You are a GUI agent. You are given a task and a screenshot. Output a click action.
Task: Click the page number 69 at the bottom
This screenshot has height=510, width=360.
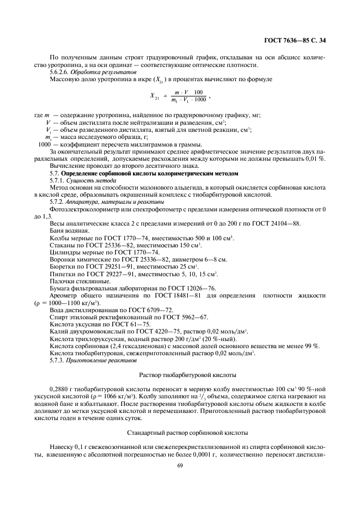(180, 465)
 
